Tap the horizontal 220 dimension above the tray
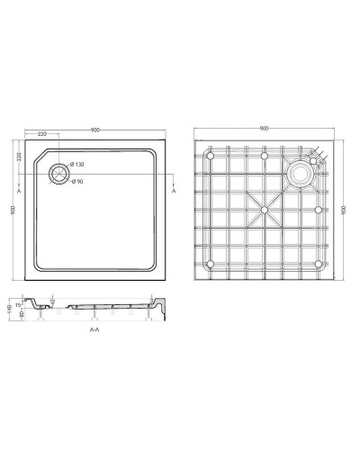pyautogui.click(x=43, y=134)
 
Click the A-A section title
pyautogui.click(x=94, y=330)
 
